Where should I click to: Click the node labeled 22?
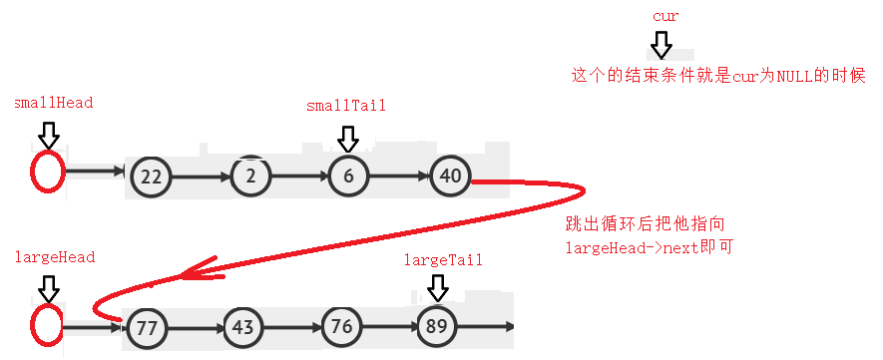(x=151, y=177)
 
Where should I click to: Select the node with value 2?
(x=250, y=177)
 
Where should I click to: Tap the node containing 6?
(x=348, y=177)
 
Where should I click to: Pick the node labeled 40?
(x=450, y=177)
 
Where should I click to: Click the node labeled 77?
(x=148, y=327)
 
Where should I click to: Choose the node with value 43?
(x=243, y=327)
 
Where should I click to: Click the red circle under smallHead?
(x=48, y=171)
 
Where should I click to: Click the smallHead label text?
(x=54, y=103)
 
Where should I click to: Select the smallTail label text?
(x=346, y=106)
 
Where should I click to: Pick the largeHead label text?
(x=55, y=257)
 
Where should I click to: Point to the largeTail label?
(x=443, y=260)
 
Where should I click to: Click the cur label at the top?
(x=664, y=17)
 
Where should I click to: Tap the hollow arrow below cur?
(x=662, y=45)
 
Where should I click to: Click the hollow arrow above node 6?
(x=348, y=138)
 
